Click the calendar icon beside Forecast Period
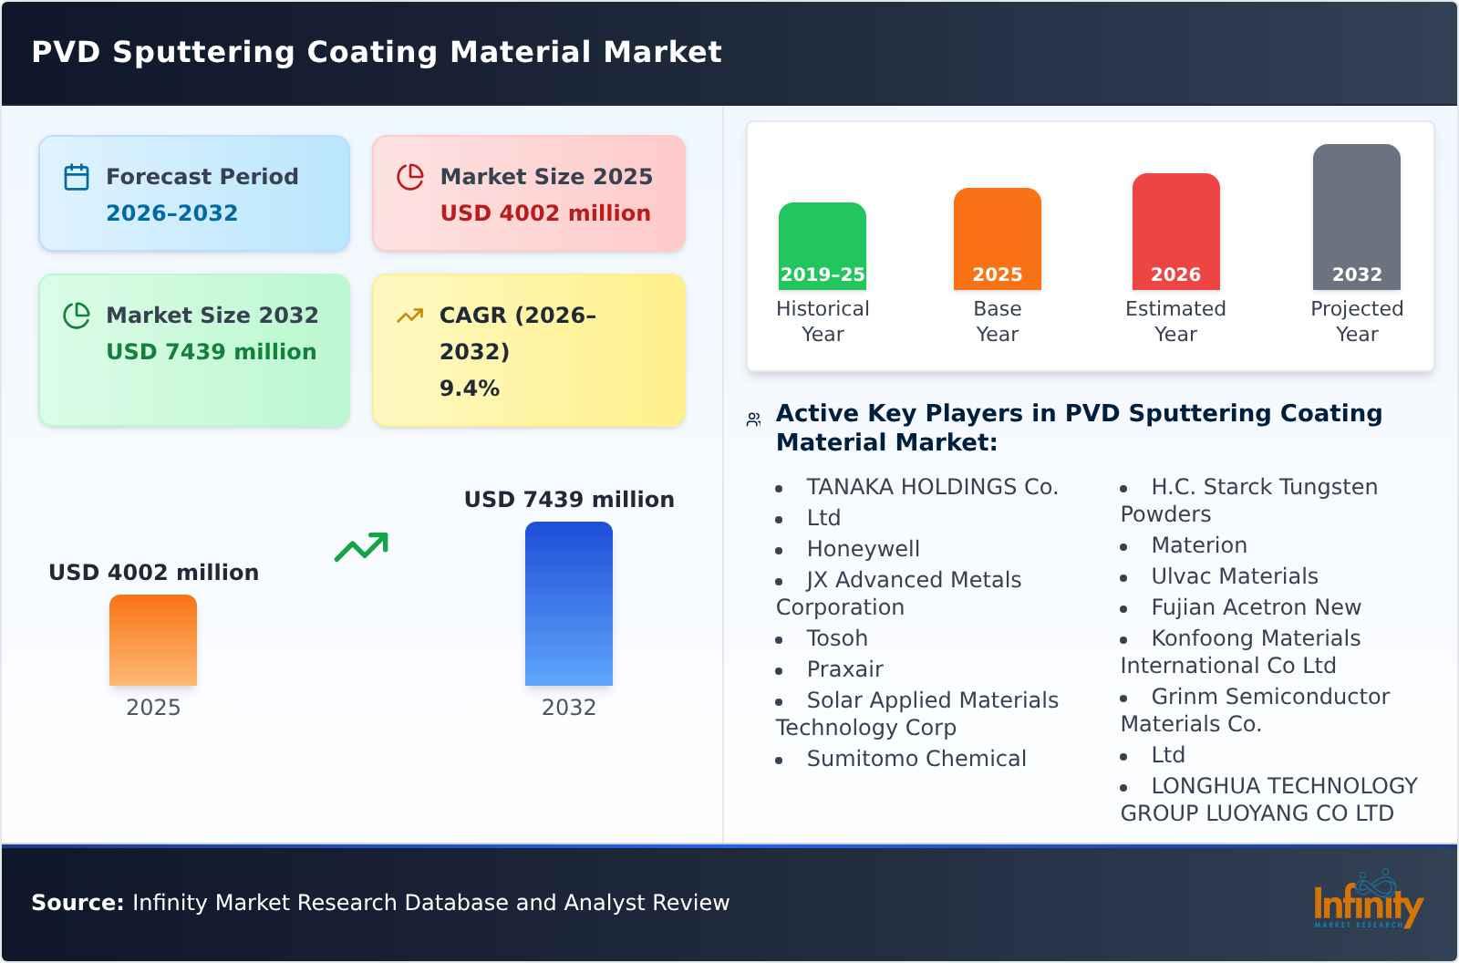[77, 177]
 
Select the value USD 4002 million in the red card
[545, 213]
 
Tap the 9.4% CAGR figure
[469, 388]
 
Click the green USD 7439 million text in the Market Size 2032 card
[211, 352]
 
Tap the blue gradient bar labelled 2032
[568, 604]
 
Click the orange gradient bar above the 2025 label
[153, 640]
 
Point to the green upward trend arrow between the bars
[361, 547]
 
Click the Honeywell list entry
[863, 549]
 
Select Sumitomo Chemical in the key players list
[916, 759]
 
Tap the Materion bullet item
[1198, 545]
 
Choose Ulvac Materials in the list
[1234, 576]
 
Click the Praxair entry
[844, 669]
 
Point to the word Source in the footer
[77, 903]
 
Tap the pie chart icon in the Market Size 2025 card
[410, 177]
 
